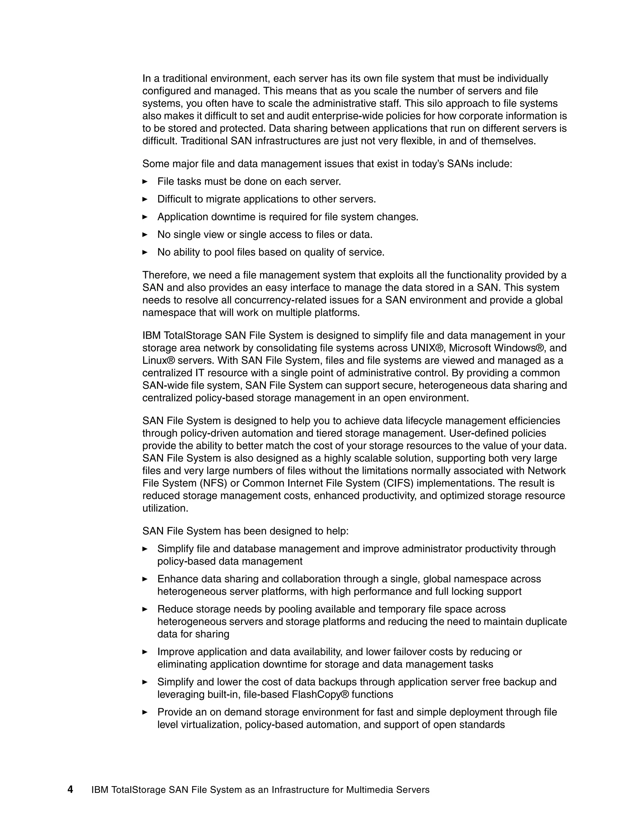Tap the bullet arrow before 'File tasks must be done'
click(x=145, y=182)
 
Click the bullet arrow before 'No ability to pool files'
click(x=145, y=252)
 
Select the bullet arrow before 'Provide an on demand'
click(x=145, y=712)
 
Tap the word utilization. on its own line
click(x=165, y=508)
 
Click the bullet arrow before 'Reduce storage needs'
click(x=145, y=609)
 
